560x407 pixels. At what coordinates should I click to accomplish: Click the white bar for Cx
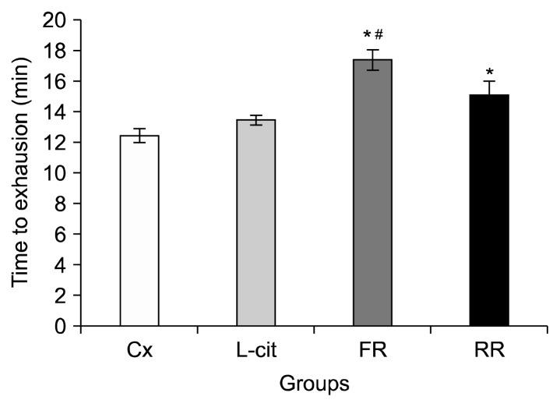(139, 231)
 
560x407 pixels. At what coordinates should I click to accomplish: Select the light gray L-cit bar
(256, 223)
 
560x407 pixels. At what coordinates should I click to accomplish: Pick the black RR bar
(489, 211)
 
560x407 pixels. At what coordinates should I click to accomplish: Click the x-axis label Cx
(139, 350)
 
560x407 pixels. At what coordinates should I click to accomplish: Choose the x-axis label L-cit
(256, 350)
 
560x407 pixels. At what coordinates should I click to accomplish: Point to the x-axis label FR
(372, 350)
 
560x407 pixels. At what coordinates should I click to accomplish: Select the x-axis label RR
(489, 350)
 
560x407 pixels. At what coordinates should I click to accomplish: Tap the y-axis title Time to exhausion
(21, 173)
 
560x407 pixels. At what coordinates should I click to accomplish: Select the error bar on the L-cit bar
(256, 120)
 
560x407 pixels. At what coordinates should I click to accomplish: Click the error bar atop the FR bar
(372, 60)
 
